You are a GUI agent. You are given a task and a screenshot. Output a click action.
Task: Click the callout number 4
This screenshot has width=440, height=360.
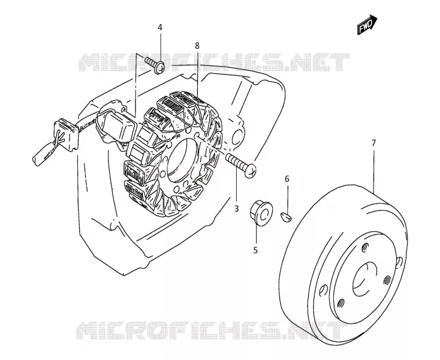[160, 28]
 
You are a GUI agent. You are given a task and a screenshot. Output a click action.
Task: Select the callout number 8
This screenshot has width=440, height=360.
[197, 46]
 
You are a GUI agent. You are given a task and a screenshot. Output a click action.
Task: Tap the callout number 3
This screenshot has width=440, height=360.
[237, 209]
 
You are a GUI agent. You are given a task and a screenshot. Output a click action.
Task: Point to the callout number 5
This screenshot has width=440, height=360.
[255, 250]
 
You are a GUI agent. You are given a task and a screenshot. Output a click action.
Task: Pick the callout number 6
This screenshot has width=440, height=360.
[287, 179]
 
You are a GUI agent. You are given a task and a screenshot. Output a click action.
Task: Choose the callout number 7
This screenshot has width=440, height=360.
[373, 143]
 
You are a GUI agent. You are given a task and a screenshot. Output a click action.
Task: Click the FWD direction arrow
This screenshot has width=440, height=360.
[367, 25]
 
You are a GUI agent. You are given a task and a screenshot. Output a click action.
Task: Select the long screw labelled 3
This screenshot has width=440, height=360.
[241, 166]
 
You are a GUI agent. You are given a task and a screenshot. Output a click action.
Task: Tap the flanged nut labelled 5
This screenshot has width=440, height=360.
[261, 212]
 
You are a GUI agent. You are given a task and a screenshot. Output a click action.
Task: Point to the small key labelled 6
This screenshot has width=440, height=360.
[286, 217]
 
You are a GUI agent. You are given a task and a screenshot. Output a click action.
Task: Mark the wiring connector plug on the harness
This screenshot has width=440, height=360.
[66, 133]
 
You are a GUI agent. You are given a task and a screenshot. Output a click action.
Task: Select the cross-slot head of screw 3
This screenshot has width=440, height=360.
[251, 171]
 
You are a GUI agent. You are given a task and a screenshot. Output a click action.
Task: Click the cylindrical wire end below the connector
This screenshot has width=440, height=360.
[43, 154]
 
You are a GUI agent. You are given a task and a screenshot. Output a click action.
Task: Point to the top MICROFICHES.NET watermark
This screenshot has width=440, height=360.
[214, 62]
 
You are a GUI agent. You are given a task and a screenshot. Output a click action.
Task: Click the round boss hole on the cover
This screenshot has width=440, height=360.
[237, 136]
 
